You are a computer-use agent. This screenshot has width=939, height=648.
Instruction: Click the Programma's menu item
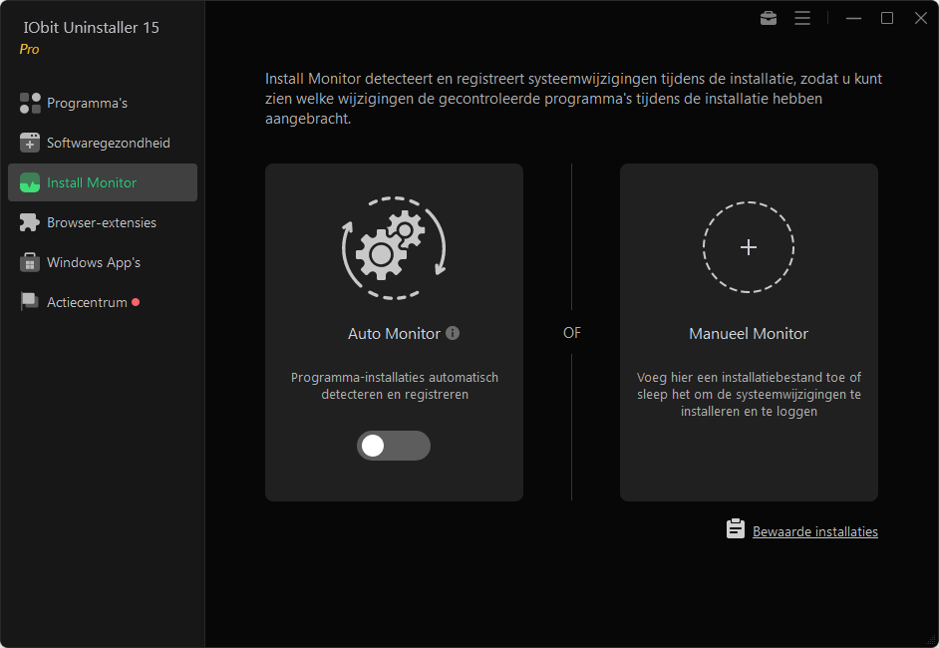point(87,103)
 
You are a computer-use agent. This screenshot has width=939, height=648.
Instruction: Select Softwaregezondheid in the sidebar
point(108,143)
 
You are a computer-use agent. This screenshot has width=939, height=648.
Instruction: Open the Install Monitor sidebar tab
point(92,182)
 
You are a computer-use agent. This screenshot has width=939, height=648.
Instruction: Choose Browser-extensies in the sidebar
point(101,222)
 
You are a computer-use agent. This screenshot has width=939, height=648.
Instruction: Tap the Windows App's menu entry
point(93,262)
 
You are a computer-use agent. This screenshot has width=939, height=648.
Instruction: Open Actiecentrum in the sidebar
point(87,302)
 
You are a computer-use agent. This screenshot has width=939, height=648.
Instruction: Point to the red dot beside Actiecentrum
point(136,302)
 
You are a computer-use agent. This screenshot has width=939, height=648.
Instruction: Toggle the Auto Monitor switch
point(393,446)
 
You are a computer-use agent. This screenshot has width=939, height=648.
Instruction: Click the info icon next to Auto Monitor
point(453,333)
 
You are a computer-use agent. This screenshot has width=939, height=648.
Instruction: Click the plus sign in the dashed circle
point(749,247)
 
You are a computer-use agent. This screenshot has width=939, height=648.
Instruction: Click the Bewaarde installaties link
point(814,532)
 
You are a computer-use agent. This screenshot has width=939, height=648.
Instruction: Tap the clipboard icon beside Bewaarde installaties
point(736,529)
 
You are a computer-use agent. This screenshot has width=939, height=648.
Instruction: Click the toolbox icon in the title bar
point(768,18)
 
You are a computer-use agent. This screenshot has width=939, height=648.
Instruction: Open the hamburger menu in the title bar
point(802,18)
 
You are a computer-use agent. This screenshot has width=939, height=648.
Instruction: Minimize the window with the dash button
point(853,18)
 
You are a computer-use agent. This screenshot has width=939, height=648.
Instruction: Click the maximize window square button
point(887,18)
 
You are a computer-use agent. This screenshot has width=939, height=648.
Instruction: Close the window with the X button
point(921,18)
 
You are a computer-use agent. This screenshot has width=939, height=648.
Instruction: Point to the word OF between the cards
point(571,333)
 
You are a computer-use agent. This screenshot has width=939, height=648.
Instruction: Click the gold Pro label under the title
point(30,49)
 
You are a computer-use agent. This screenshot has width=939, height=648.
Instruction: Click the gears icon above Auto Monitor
point(394,246)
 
